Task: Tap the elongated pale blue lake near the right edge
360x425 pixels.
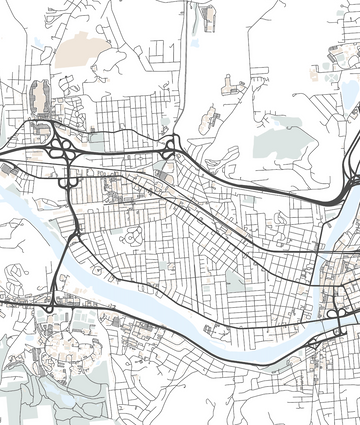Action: point(351,95)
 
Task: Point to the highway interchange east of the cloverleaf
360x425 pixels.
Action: point(169,150)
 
